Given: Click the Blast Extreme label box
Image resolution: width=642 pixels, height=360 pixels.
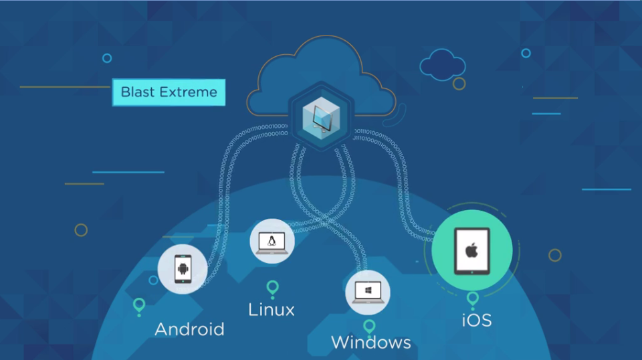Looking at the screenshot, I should point(169,92).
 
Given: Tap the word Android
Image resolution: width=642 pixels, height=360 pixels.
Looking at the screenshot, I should point(189,329).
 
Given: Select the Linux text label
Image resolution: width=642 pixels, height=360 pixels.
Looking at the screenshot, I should point(271,310).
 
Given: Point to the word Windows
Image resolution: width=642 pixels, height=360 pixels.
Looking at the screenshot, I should point(370,343).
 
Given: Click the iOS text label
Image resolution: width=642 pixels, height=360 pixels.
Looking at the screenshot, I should point(476,320).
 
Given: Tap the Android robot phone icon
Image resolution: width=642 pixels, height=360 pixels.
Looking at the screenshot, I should point(183,270).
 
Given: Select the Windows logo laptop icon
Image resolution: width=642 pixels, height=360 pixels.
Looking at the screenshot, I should point(367,292).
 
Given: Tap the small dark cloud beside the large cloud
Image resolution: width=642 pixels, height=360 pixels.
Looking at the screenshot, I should point(441,64).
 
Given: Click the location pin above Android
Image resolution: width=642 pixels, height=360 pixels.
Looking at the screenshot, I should point(139,306).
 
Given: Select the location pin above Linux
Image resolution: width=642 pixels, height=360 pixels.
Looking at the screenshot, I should point(272,288).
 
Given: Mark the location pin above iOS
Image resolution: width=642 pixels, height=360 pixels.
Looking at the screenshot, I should point(473,299).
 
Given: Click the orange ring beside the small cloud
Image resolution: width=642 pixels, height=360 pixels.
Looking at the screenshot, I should point(459,84).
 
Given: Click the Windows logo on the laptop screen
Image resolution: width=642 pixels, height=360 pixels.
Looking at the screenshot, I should point(367,290).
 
